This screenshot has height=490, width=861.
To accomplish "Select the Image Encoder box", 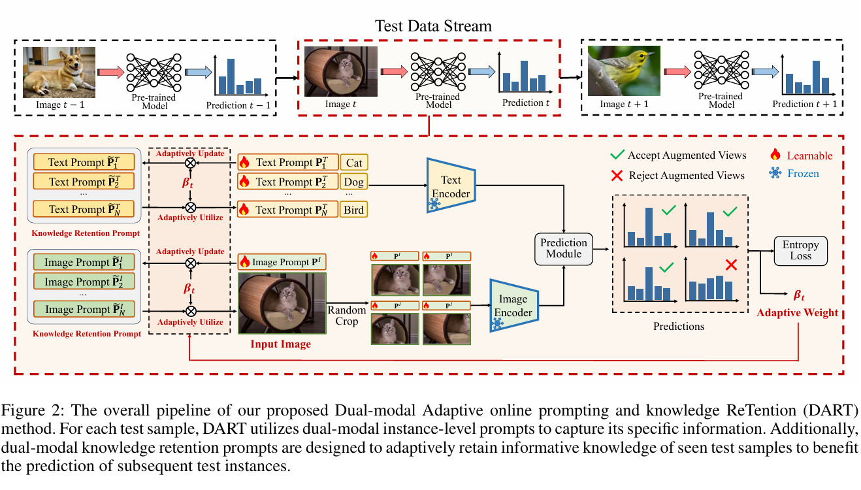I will (x=513, y=306).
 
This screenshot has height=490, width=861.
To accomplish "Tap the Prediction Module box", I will (x=563, y=248).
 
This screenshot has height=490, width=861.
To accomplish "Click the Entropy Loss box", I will (x=800, y=250).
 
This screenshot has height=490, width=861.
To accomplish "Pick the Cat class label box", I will (x=354, y=163).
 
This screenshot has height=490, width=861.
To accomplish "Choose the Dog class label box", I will (x=354, y=182).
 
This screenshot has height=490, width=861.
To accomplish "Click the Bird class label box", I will (x=354, y=210).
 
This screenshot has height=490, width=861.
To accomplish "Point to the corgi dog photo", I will (x=51, y=72).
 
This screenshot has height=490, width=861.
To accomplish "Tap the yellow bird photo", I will (x=623, y=72).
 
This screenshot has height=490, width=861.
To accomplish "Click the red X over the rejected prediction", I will (x=731, y=265).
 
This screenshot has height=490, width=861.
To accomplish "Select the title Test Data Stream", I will (x=432, y=27).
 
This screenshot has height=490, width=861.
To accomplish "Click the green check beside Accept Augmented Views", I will (x=615, y=155).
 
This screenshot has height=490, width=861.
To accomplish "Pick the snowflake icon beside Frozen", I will (x=775, y=174).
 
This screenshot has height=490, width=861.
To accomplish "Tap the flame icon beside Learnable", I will (x=775, y=155).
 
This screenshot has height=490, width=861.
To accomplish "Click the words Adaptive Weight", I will (x=797, y=313).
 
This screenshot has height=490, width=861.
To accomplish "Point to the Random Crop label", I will (x=347, y=316).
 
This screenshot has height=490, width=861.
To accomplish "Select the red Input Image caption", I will (x=280, y=344).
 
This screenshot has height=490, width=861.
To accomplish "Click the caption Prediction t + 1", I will (x=804, y=105).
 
